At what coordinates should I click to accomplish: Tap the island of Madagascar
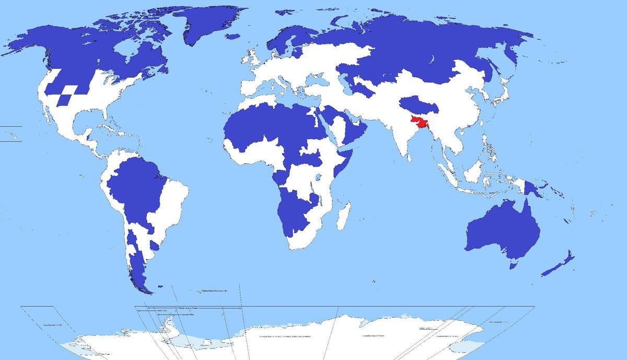[x=343, y=216]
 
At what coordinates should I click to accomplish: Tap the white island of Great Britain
[x=254, y=59]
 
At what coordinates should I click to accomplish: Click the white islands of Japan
[x=500, y=96]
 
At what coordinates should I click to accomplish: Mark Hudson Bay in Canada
[x=125, y=52]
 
